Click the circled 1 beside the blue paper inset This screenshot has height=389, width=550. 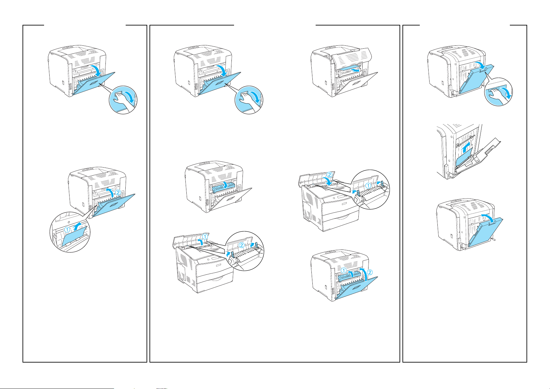point(67,230)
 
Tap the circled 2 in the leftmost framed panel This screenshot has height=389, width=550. point(118,192)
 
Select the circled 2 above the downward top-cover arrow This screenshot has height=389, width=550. point(329,175)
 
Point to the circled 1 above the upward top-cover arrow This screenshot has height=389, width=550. point(205,237)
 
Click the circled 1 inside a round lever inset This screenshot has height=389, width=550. point(368,186)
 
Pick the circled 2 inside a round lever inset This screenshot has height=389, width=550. point(242,245)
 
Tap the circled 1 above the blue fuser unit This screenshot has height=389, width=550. point(343,270)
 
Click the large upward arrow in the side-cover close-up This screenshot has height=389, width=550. point(465,147)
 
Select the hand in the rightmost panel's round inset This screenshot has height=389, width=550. point(497,94)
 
